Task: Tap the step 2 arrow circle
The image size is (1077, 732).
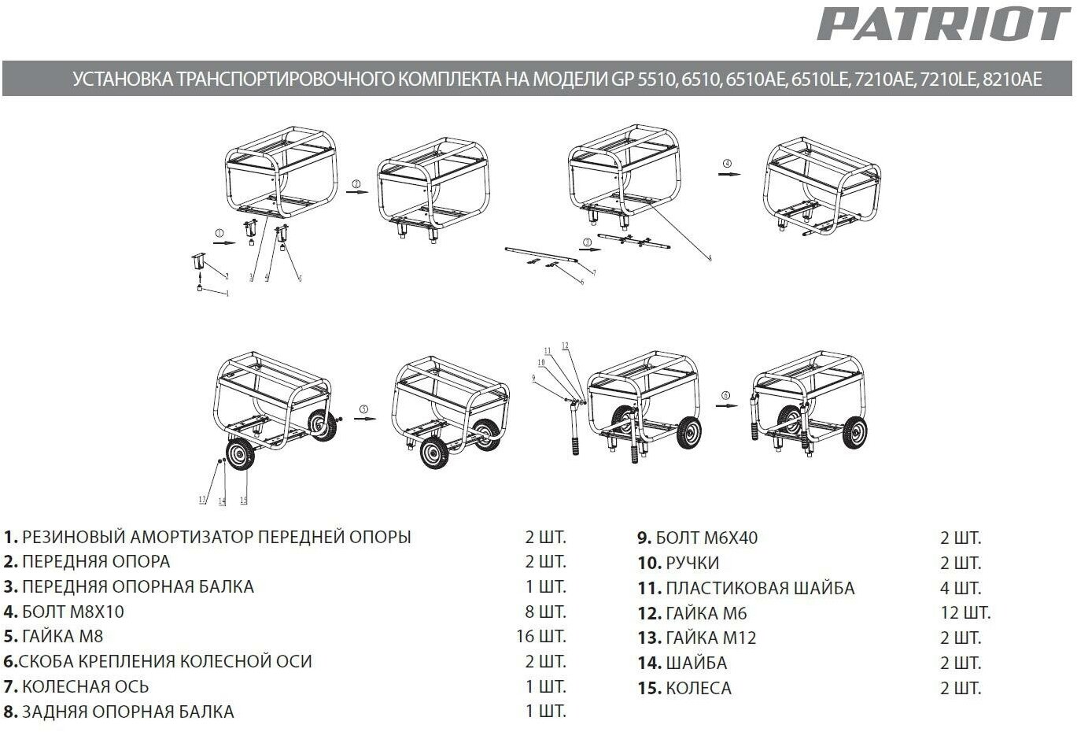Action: click(356, 184)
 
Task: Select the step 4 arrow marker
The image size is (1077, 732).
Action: click(728, 163)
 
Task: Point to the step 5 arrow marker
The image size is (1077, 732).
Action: click(363, 409)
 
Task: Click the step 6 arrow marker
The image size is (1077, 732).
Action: click(725, 395)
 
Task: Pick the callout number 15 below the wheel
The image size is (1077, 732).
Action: click(243, 501)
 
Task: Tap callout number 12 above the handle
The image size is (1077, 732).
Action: click(565, 346)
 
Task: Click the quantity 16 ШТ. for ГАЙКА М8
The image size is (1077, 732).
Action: click(540, 636)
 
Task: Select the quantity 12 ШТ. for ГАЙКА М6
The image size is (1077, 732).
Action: click(965, 612)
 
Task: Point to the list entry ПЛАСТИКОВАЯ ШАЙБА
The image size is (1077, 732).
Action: click(746, 588)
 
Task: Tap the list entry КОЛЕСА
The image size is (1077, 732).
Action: click(684, 688)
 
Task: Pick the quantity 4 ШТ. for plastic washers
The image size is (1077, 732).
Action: click(961, 588)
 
